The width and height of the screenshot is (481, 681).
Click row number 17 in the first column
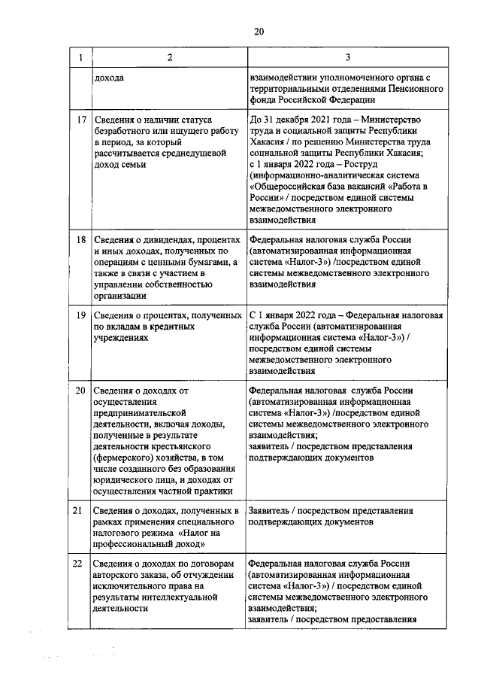pos(80,120)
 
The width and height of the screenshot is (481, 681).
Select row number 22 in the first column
pos(80,564)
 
